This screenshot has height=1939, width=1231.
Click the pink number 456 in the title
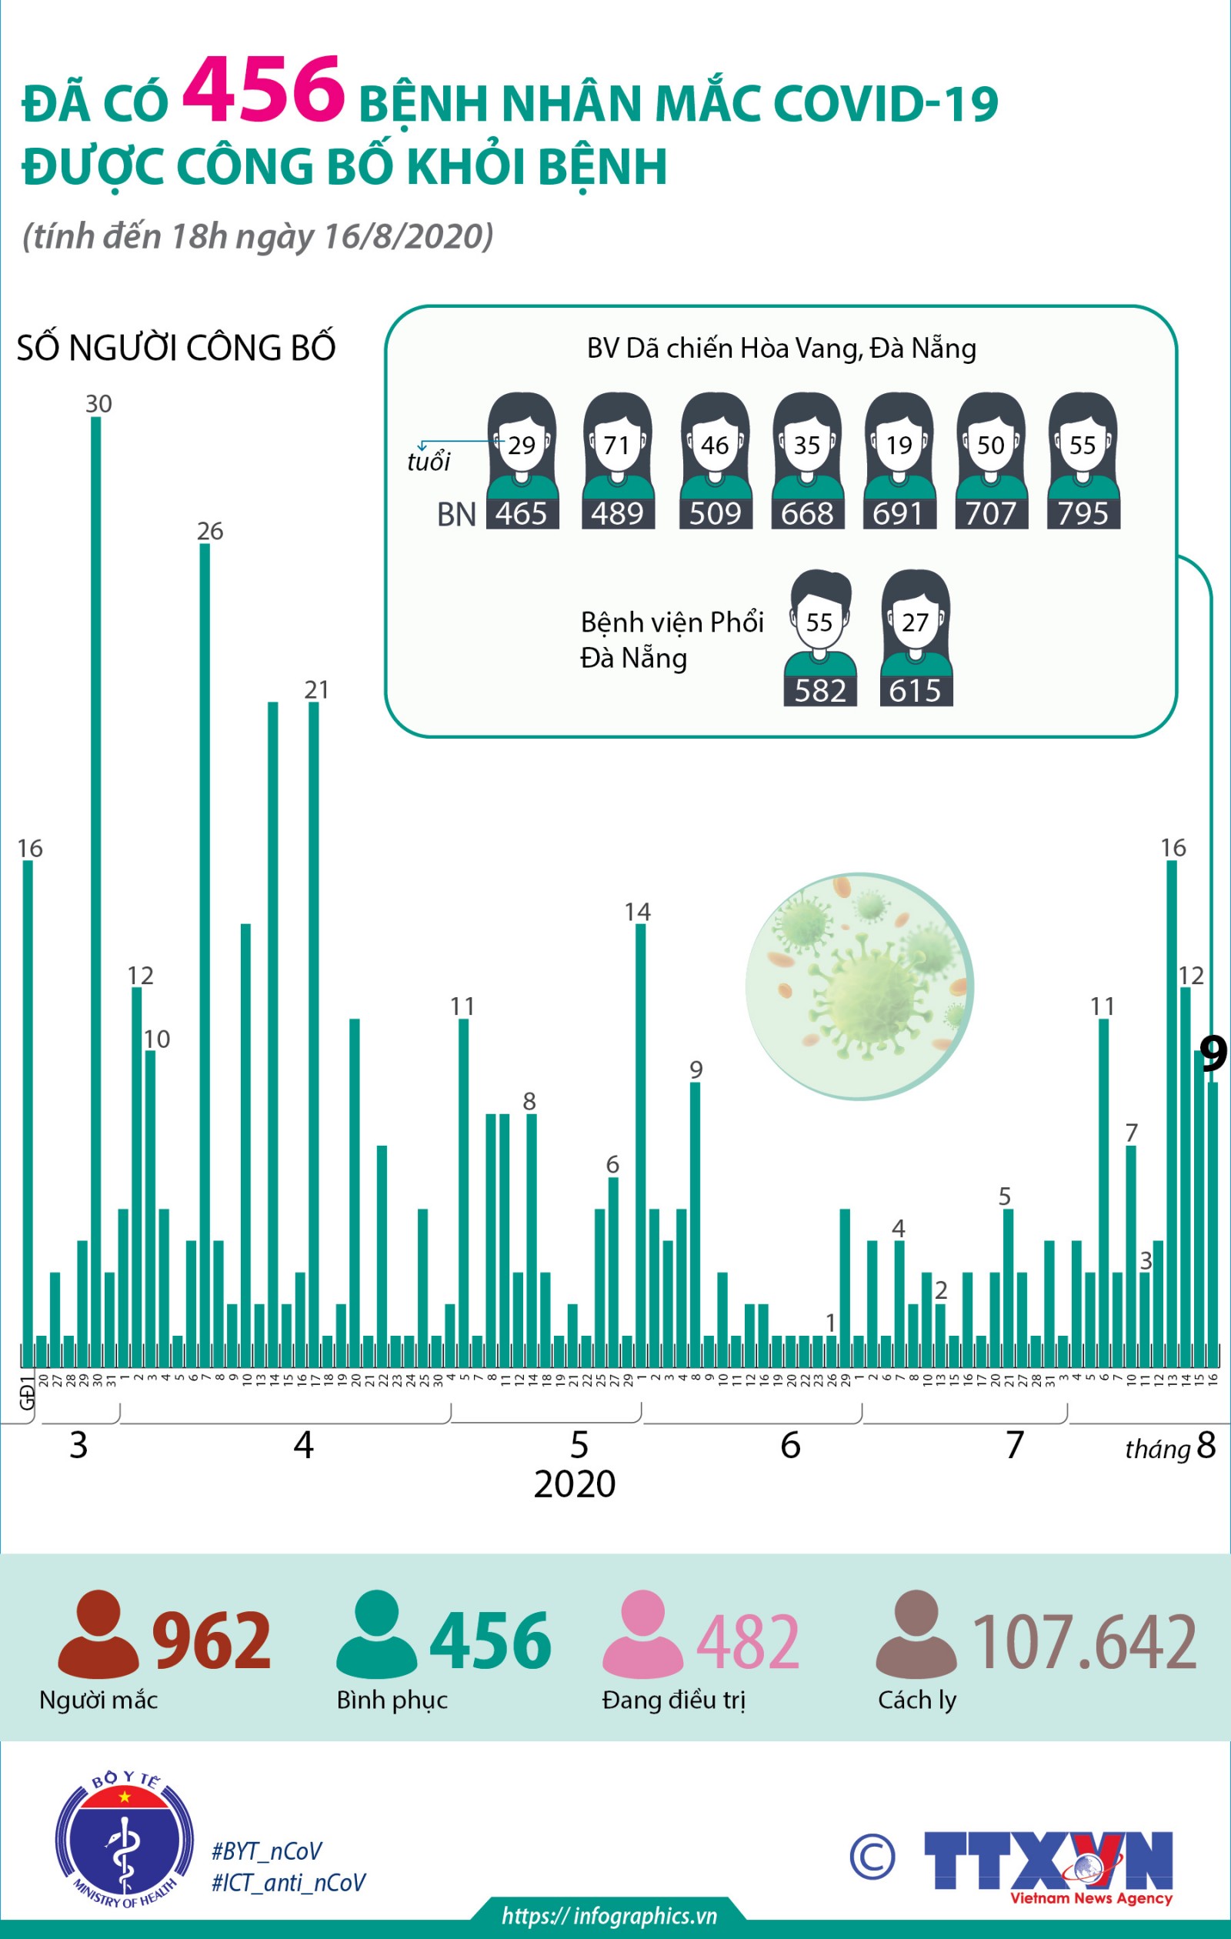point(263,90)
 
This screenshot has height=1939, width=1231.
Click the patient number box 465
point(522,514)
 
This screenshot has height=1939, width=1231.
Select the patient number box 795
point(1083,514)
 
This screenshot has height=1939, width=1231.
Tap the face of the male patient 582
point(819,621)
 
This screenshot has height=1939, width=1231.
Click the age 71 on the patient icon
point(617,446)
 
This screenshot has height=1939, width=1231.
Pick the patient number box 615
point(916,691)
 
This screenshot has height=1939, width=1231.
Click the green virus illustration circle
point(859,986)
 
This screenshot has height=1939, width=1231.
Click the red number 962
point(212,1641)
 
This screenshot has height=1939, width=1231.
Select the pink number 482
point(747,1641)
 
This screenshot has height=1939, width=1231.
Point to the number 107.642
point(1085,1641)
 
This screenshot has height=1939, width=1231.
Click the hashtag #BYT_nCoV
point(266,1851)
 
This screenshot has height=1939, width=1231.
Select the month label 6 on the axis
point(791,1445)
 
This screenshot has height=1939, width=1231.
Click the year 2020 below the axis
point(574,1483)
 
